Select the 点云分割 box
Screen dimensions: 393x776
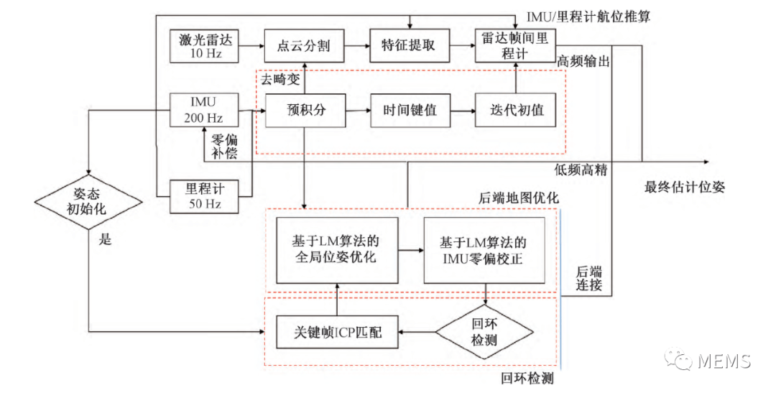pyautogui.click(x=303, y=46)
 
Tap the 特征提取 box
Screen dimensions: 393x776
pyautogui.click(x=407, y=46)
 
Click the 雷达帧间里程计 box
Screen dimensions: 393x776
pyautogui.click(x=516, y=46)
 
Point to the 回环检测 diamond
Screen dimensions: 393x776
pyautogui.click(x=486, y=331)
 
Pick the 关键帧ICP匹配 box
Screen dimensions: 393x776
pyautogui.click(x=337, y=332)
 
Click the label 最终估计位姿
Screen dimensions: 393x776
pyautogui.click(x=684, y=188)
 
